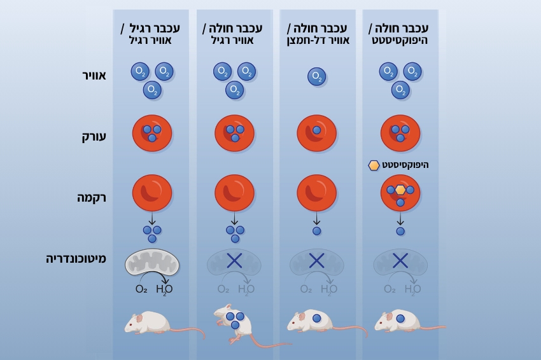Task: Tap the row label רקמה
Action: tap(93, 198)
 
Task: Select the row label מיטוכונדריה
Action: tap(76, 259)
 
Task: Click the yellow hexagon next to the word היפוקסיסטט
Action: tap(374, 165)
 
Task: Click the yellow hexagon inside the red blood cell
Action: tap(400, 190)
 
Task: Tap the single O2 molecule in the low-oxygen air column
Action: tap(317, 77)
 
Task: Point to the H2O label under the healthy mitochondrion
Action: tap(164, 289)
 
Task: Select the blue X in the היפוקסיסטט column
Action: tap(400, 260)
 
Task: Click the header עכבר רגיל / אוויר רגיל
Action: tap(151, 34)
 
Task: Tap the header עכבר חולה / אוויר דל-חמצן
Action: tap(317, 34)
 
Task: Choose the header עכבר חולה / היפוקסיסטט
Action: tap(400, 34)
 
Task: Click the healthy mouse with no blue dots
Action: tap(150, 322)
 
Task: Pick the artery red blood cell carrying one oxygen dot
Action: tap(317, 133)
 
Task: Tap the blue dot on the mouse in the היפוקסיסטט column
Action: tap(401, 319)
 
